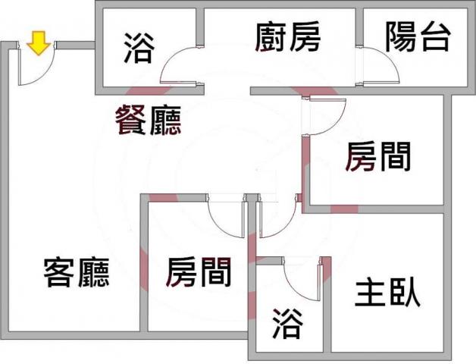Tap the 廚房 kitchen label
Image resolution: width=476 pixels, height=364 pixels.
(287, 36)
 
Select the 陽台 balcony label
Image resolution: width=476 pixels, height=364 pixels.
(418, 36)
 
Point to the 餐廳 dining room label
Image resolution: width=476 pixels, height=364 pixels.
(148, 120)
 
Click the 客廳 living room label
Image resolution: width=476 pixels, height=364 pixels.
(77, 272)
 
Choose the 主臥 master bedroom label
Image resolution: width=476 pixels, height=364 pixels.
(387, 293)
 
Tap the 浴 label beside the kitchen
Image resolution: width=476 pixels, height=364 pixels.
(139, 48)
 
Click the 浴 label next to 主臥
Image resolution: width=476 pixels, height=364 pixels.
(287, 323)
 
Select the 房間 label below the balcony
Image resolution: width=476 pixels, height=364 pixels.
(378, 157)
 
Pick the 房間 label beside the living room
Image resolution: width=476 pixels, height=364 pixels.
(199, 272)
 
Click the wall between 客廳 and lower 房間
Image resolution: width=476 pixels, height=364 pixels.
(144, 262)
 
